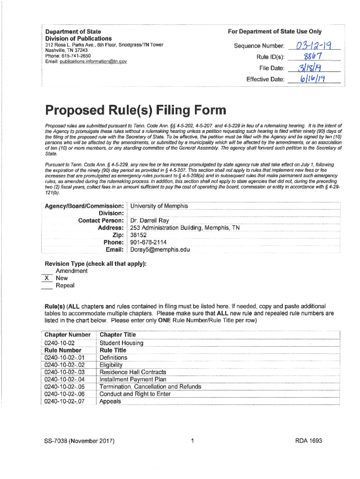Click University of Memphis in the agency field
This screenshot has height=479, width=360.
159,206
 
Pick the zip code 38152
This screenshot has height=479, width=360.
138,235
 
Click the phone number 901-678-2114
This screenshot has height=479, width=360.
148,242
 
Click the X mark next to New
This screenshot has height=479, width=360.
46,278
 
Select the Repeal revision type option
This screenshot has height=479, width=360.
65,285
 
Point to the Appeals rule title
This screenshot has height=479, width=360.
110,401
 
